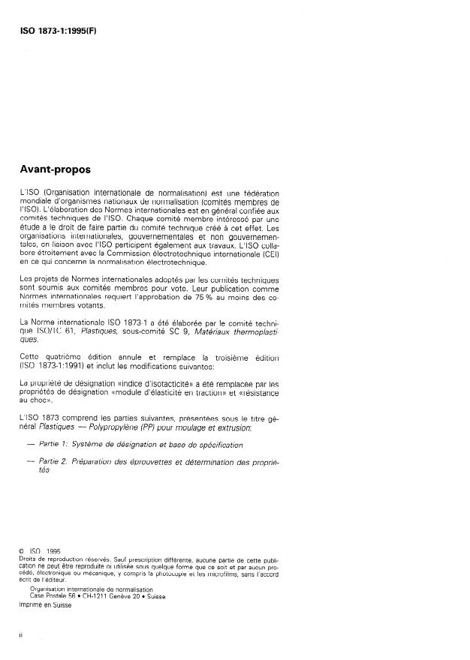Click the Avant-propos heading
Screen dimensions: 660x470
point(56,169)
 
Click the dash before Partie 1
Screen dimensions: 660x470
point(30,444)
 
